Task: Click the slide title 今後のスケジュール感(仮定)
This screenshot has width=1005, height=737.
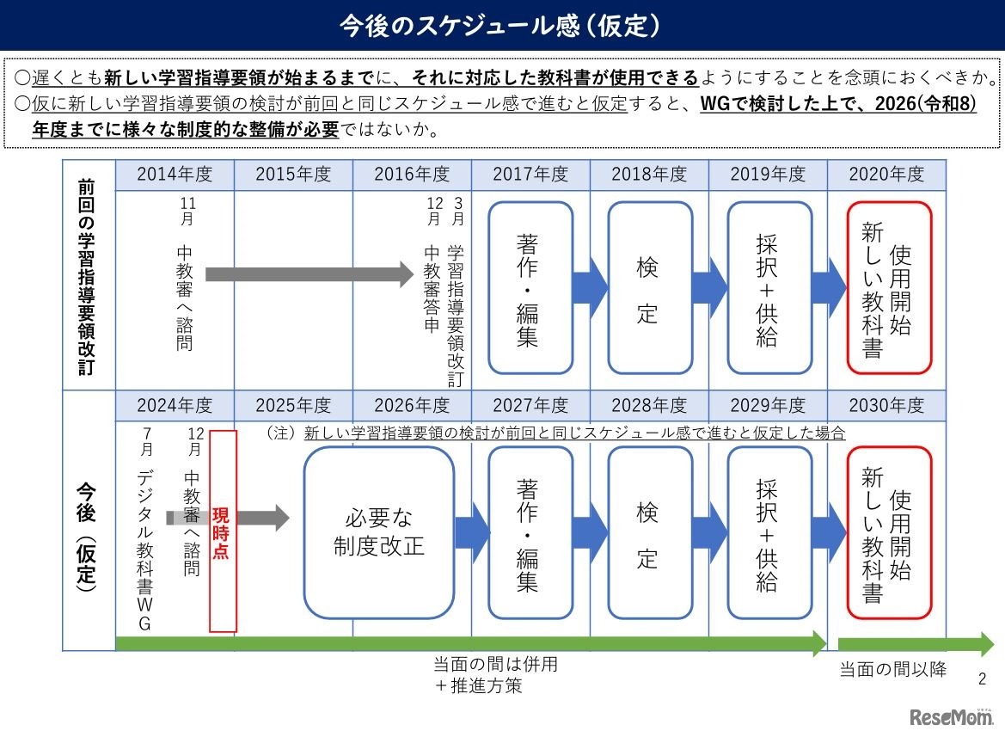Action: pyautogui.click(x=502, y=25)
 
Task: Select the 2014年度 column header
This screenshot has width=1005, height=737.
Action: pyautogui.click(x=175, y=175)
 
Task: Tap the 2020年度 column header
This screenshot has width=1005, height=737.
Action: pyautogui.click(x=886, y=175)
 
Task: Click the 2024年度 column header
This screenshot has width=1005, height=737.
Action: pyautogui.click(x=175, y=405)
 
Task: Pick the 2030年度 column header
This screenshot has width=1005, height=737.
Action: pyautogui.click(x=886, y=405)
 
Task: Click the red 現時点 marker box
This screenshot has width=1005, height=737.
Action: pyautogui.click(x=223, y=531)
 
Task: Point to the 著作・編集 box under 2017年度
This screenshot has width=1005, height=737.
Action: pyautogui.click(x=530, y=288)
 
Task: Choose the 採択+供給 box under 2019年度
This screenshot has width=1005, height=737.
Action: pyautogui.click(x=768, y=288)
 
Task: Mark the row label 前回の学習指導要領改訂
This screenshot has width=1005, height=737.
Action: pyautogui.click(x=86, y=275)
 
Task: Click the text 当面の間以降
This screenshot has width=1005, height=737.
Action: pyautogui.click(x=892, y=669)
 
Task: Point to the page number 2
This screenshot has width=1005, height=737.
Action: pyautogui.click(x=983, y=679)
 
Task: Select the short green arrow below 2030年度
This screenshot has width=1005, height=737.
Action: pyautogui.click(x=915, y=644)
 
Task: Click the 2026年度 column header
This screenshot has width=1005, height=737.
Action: pyautogui.click(x=412, y=405)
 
